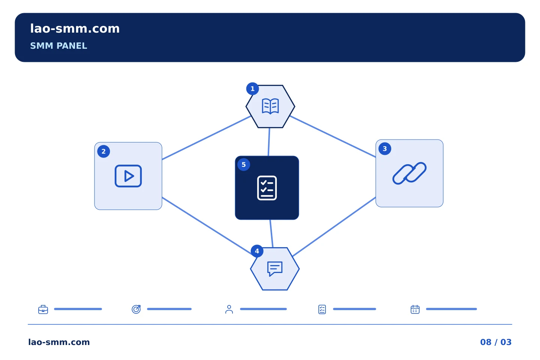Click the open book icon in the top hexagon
pos(270,106)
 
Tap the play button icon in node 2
pos(128,176)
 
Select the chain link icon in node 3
pos(409,173)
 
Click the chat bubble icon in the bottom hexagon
pos(274,268)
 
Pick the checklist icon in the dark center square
pos(267,188)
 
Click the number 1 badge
pos(252,89)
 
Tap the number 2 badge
pos(103,151)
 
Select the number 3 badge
pos(385,149)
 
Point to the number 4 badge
pos(257,251)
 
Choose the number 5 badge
pos(243,165)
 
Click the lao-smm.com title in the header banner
pos(75,29)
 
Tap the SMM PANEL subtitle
pos(58,46)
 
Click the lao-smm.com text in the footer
pos(59,342)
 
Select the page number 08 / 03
pos(496,342)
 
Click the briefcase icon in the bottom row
pos(43,309)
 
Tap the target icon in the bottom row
pos(136,309)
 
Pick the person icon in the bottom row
pos(229,309)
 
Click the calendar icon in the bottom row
pos(415,309)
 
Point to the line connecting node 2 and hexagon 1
pos(206,138)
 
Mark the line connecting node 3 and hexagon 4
pos(334,226)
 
